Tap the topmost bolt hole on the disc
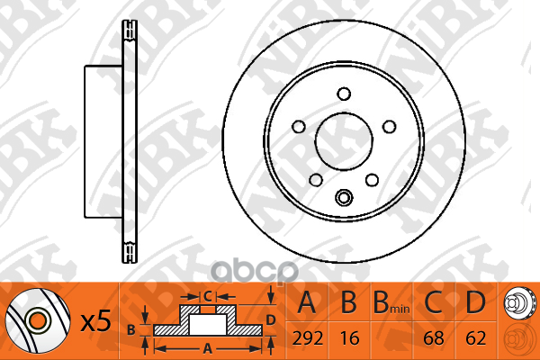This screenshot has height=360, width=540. (344, 94)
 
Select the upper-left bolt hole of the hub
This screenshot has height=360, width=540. (298, 127)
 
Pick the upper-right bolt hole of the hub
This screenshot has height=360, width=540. (390, 127)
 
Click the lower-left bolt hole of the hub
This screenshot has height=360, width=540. (316, 180)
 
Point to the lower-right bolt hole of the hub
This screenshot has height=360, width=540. (372, 180)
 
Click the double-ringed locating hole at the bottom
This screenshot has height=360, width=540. (344, 197)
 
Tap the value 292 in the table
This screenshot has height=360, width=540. (308, 338)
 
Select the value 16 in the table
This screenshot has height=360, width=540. (349, 338)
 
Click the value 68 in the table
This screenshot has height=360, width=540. (434, 338)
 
